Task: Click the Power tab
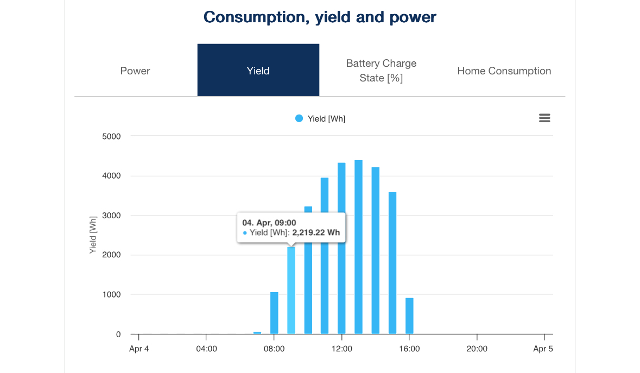click(135, 71)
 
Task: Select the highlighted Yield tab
click(258, 71)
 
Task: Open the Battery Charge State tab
click(381, 71)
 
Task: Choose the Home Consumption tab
click(504, 71)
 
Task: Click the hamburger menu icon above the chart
click(544, 118)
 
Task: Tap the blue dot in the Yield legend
click(299, 118)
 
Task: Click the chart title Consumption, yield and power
click(320, 17)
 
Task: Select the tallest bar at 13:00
click(358, 247)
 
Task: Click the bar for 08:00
click(274, 313)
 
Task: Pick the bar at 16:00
click(409, 316)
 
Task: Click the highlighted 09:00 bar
click(291, 290)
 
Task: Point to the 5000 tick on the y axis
click(111, 136)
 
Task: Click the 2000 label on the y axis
click(111, 255)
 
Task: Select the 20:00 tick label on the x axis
click(477, 349)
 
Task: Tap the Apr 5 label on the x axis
click(543, 349)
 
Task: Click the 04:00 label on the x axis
click(206, 349)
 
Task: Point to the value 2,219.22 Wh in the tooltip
click(316, 232)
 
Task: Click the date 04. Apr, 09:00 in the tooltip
click(269, 222)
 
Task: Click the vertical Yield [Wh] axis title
click(93, 235)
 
